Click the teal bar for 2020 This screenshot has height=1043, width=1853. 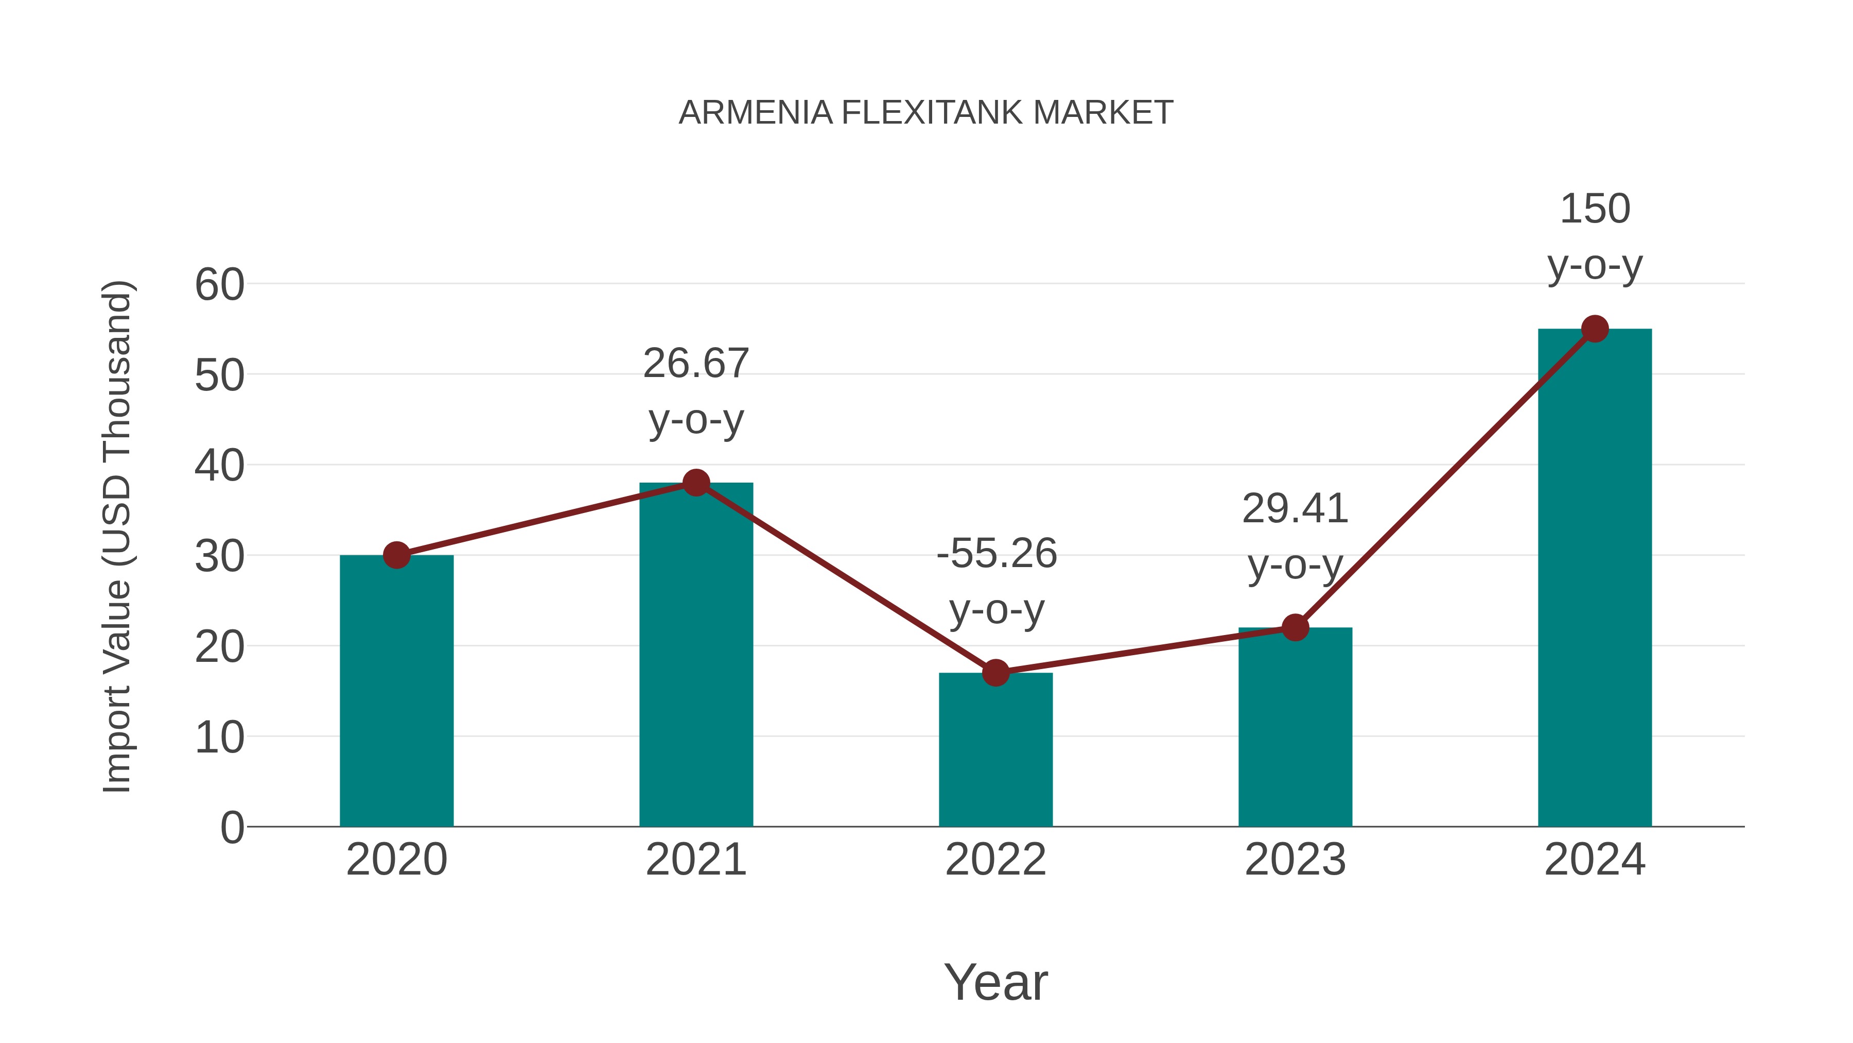tap(396, 691)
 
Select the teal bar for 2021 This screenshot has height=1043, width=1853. tap(695, 655)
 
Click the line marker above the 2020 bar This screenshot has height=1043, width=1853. tap(396, 555)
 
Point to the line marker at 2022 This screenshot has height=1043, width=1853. tap(995, 673)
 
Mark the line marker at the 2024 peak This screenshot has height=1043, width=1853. tap(1595, 329)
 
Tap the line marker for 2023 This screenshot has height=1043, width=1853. tap(1295, 628)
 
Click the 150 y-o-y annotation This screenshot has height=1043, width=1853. tap(1595, 237)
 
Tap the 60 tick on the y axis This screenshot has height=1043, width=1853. tap(219, 284)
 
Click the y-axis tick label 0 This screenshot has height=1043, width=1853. tap(232, 828)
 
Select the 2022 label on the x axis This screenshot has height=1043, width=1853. tap(995, 860)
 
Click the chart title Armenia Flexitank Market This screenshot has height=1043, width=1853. tap(926, 113)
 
